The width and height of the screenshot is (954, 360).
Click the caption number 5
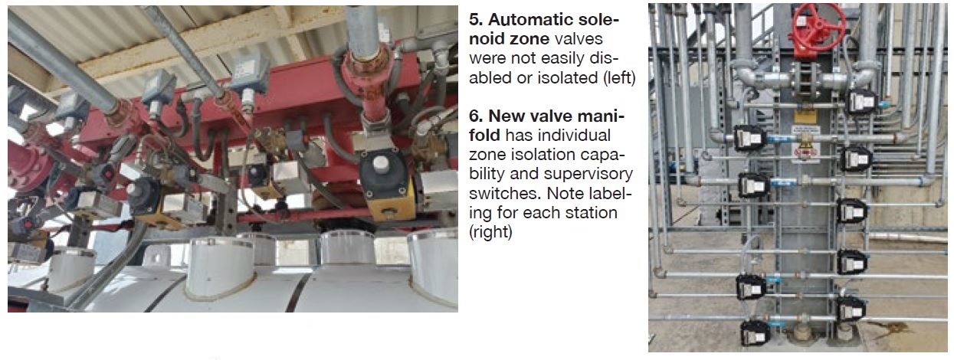point(475,20)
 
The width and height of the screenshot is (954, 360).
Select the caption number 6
point(475,116)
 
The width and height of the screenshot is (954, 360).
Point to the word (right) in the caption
point(490,232)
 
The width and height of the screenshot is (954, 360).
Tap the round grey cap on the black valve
point(381,163)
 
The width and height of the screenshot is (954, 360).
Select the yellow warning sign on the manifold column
point(805,116)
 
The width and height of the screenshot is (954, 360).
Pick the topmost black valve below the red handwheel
point(861,101)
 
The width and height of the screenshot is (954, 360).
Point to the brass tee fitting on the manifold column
point(805,139)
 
